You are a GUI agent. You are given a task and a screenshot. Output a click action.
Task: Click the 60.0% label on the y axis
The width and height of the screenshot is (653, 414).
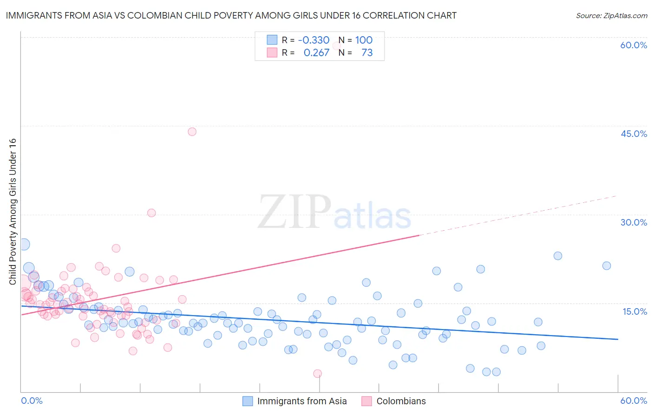633,45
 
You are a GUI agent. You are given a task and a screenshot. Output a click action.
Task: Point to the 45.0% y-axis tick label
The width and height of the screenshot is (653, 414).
633,134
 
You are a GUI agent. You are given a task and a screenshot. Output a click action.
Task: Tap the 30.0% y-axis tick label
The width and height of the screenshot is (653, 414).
633,222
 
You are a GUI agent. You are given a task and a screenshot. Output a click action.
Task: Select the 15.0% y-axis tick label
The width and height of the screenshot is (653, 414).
634,311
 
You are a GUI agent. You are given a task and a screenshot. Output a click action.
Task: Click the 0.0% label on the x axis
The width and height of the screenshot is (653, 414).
32,401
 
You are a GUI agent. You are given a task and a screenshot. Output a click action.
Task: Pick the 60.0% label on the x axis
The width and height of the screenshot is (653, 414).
633,401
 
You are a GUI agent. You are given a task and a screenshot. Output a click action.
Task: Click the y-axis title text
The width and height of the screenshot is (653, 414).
13,212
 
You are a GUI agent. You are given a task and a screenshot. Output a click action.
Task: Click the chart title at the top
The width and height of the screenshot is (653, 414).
231,15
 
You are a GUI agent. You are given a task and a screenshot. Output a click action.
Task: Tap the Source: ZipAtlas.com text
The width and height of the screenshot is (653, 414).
611,16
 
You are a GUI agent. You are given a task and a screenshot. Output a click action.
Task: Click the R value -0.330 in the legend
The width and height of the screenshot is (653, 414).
313,40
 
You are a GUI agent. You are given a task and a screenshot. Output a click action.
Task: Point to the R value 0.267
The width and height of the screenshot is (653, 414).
316,53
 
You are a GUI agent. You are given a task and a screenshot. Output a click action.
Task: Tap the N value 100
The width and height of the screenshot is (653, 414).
364,40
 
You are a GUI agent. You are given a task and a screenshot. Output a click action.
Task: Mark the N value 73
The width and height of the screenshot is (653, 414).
367,53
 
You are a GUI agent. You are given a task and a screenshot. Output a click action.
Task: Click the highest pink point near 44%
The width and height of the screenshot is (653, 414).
192,132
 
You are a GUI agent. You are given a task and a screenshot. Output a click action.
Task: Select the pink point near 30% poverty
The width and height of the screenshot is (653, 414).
151,213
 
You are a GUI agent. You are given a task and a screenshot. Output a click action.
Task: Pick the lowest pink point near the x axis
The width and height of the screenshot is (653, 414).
318,374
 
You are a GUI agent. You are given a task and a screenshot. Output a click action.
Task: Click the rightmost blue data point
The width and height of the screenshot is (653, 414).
607,266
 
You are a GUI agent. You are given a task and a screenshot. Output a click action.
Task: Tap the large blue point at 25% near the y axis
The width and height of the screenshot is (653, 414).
24,244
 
